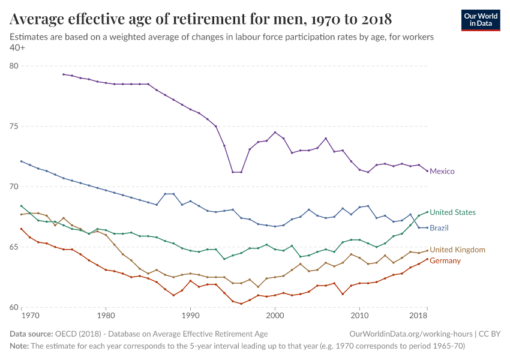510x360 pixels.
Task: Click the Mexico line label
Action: [442, 172]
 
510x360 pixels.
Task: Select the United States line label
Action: [452, 212]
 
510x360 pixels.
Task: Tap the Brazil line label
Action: [439, 228]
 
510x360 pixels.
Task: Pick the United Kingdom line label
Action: [457, 250]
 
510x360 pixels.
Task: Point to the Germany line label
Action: [445, 261]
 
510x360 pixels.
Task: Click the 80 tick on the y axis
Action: [14, 66]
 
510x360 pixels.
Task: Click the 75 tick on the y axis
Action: [14, 127]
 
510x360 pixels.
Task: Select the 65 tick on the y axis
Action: [14, 247]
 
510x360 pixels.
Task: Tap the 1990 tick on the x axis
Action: [190, 315]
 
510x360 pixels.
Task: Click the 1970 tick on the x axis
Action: [30, 315]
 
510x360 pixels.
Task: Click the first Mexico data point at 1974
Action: [64, 74]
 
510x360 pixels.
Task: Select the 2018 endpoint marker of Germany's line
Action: [427, 259]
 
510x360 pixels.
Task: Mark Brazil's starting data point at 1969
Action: [21, 161]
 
